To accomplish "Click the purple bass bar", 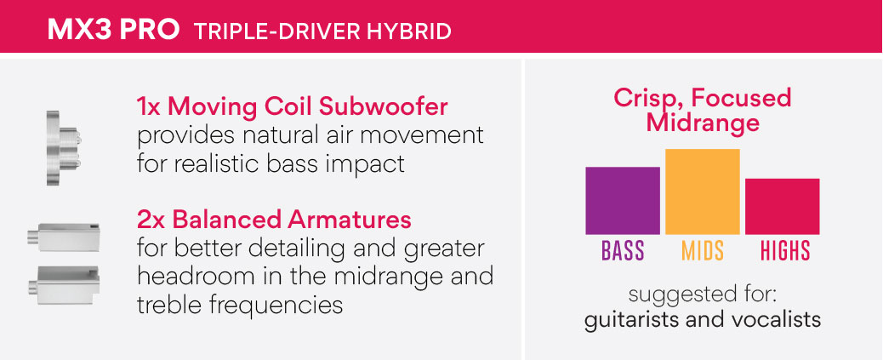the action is [622, 201].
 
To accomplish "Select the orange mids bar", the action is [703, 191].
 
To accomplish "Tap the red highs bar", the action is [783, 206].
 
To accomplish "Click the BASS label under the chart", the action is [623, 251].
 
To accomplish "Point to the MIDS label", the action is [703, 251].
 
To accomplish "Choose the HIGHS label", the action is [785, 251].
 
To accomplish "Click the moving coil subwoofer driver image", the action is [62, 147].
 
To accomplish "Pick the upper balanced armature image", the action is [63, 237].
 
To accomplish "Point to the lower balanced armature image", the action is [63, 285].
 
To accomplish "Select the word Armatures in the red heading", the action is [349, 220].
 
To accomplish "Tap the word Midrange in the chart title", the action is [703, 123].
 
